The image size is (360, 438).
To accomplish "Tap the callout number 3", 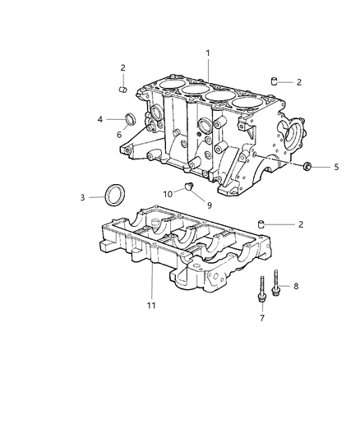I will pos(82,198).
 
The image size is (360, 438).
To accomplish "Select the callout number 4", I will pos(100,120).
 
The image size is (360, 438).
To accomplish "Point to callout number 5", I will pos(335,167).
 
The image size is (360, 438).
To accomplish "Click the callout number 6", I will pos(119,135).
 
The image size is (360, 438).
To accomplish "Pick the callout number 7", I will pos(263,317).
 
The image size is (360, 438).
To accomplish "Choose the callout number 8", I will pos(297,286).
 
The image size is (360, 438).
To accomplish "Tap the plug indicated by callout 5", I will pos(307,167).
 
